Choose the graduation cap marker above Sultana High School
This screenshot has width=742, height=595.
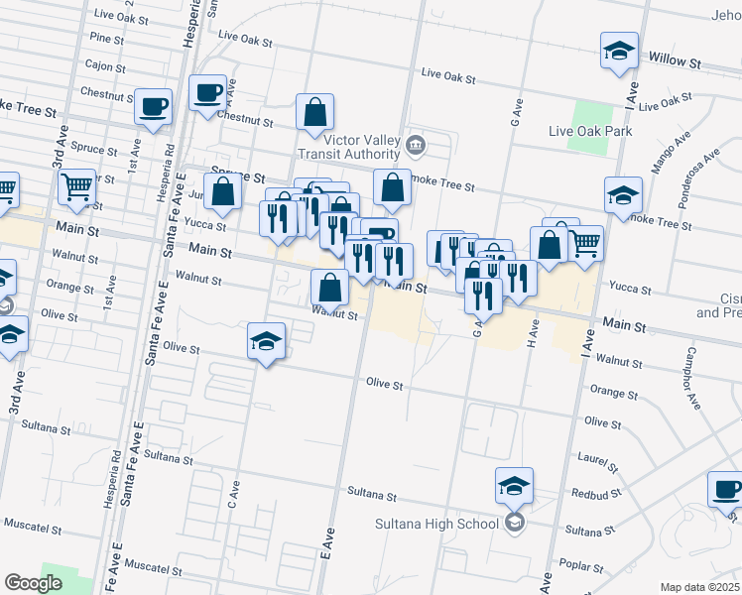[x=514, y=486]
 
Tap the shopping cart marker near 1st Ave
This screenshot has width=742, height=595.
[x=76, y=185]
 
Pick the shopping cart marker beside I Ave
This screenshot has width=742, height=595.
[x=585, y=241]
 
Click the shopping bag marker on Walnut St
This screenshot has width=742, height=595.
[x=329, y=288]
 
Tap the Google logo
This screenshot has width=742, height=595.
[x=33, y=583]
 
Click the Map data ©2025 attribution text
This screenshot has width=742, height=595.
[x=700, y=587]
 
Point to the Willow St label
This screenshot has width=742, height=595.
[x=676, y=61]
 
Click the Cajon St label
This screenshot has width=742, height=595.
[x=102, y=64]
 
